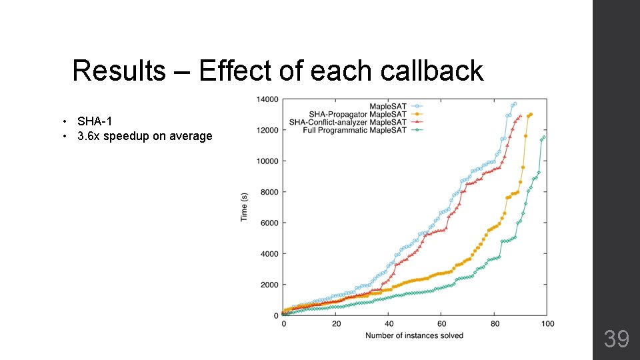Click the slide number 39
click(616, 339)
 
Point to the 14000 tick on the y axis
click(267, 99)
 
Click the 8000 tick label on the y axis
click(269, 192)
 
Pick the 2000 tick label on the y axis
click(269, 285)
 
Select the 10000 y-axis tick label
click(267, 161)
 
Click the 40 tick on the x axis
click(389, 324)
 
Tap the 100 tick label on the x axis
click(547, 324)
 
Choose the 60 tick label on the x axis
click(441, 324)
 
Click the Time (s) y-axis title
click(244, 207)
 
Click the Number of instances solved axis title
click(414, 335)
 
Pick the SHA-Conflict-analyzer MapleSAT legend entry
click(347, 122)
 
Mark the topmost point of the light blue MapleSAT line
click(515, 104)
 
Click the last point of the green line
click(544, 137)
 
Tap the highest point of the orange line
click(531, 114)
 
